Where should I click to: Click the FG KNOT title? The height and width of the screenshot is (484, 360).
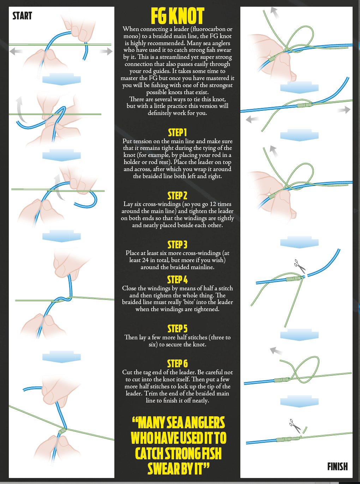pyautogui.click(x=178, y=16)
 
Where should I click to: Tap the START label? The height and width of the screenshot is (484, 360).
pyautogui.click(x=22, y=16)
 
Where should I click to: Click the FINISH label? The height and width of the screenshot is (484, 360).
pyautogui.click(x=337, y=467)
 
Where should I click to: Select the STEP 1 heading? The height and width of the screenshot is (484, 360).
pyautogui.click(x=177, y=133)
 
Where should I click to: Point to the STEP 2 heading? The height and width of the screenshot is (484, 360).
pyautogui.click(x=177, y=196)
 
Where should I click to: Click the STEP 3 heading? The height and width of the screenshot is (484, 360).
pyautogui.click(x=177, y=244)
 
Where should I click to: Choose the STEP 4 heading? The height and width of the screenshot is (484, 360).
pyautogui.click(x=177, y=280)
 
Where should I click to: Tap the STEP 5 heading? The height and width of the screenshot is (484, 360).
pyautogui.click(x=177, y=329)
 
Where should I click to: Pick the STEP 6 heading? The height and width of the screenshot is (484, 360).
pyautogui.click(x=177, y=364)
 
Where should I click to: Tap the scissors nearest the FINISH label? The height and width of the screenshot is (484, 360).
pyautogui.click(x=295, y=426)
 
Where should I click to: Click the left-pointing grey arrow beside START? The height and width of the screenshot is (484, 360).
pyautogui.click(x=16, y=52)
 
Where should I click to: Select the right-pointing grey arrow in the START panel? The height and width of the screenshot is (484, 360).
pyautogui.click(x=106, y=52)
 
